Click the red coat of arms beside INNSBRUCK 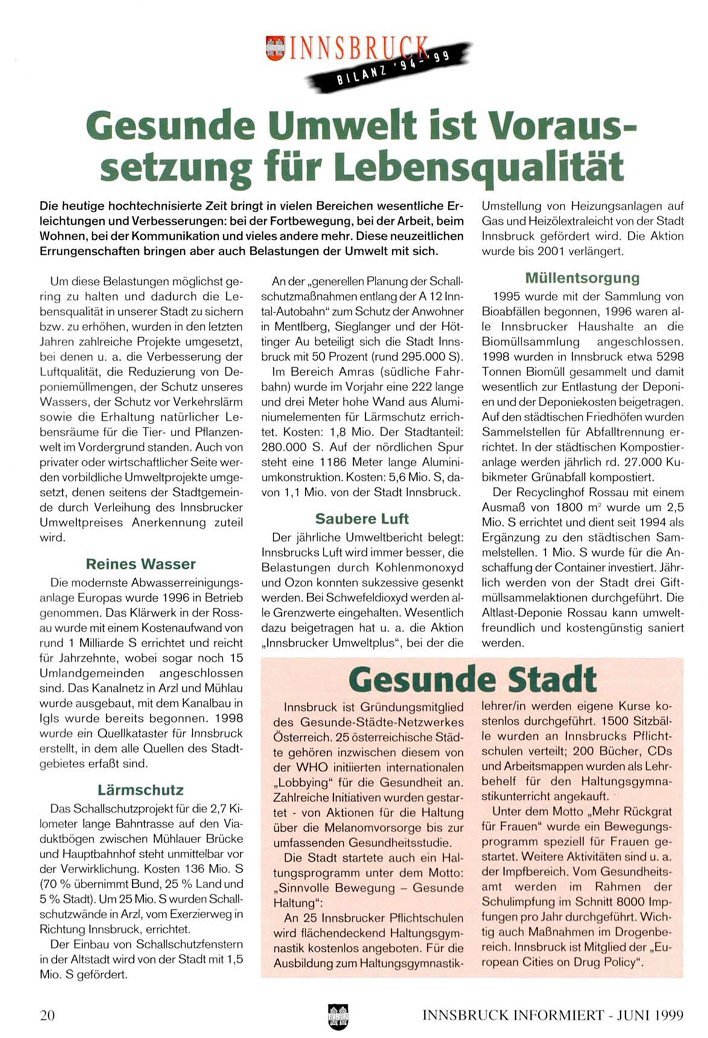pos(275,48)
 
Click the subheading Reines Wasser pos(141,564)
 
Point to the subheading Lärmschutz pos(141,790)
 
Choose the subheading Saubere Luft pos(362,519)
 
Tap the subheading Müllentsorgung pos(582,278)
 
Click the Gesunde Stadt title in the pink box pos(473,680)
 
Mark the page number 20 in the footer pos(47,1015)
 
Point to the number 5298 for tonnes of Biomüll pos(668,357)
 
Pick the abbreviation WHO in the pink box pos(311,767)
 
